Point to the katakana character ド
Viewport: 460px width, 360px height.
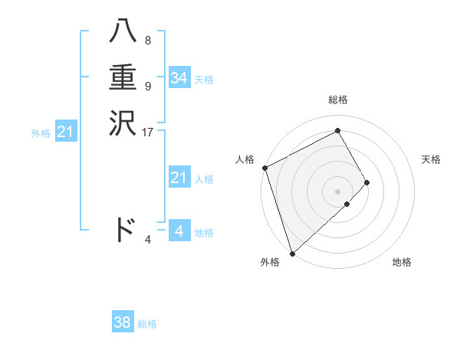124,230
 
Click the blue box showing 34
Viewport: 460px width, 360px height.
179,78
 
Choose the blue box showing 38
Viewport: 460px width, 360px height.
123,323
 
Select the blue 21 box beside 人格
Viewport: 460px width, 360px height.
179,178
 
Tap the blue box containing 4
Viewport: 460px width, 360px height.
179,231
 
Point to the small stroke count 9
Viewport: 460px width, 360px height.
147,87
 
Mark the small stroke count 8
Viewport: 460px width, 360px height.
147,40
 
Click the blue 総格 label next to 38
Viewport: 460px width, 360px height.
147,324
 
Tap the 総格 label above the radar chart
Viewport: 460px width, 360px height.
338,100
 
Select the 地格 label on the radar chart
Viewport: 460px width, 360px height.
402,263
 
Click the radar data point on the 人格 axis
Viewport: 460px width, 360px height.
264,168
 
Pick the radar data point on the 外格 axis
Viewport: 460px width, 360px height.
292,252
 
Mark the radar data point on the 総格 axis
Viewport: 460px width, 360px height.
338,131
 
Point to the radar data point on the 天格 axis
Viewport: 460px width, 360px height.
367,182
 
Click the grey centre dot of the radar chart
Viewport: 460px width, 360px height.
338,191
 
